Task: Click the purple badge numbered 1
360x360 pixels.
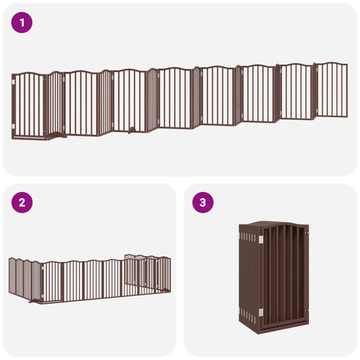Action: tap(22, 23)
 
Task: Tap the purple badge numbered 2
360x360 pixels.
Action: tap(22, 202)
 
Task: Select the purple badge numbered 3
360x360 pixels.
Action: tap(202, 202)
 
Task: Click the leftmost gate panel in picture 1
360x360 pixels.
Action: tap(28, 106)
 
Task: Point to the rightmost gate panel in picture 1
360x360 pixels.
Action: tap(332, 90)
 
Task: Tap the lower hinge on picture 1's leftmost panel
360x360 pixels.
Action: tap(13, 125)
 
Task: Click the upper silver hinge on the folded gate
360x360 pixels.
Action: tap(261, 240)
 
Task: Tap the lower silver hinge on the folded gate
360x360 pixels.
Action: tap(261, 311)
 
